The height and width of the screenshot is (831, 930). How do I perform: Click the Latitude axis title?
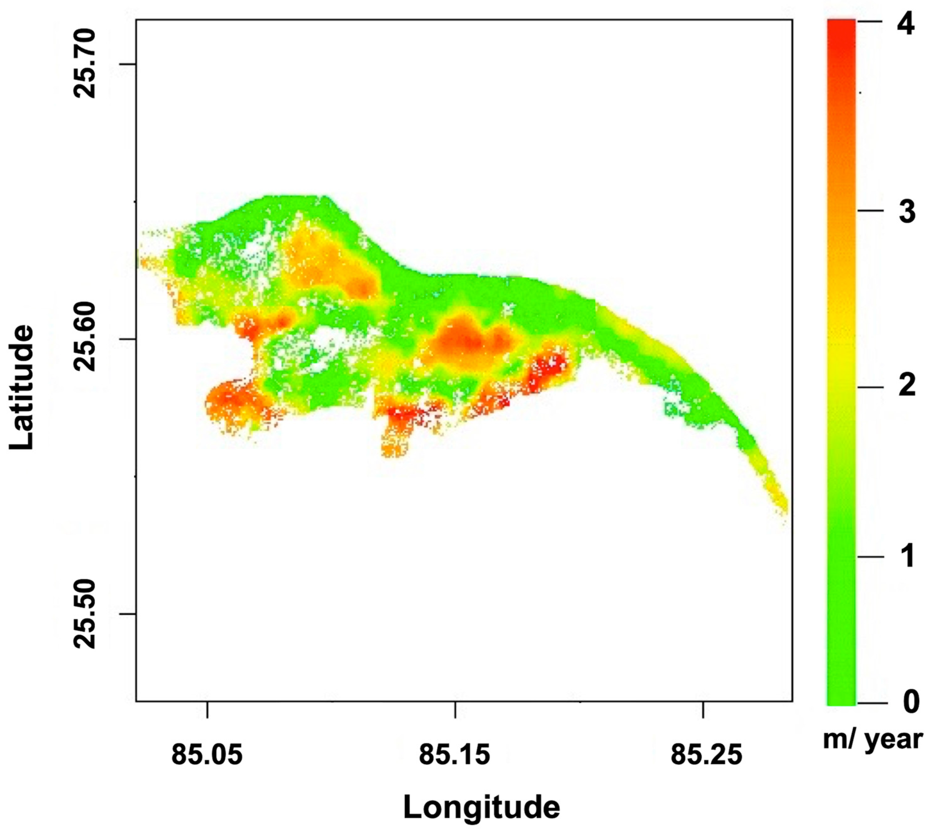(22, 388)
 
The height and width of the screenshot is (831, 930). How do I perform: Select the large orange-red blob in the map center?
(463, 340)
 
